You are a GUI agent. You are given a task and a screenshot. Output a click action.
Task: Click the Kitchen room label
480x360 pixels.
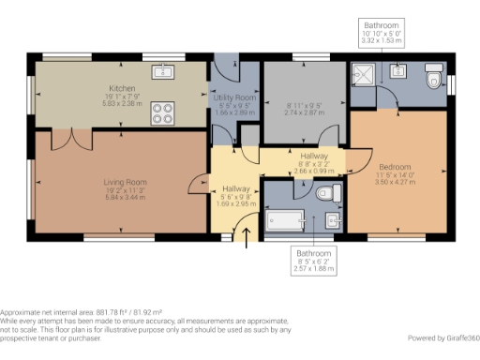pyautogui.click(x=122, y=88)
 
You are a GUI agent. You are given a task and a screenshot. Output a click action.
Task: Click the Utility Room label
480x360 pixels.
pyautogui.click(x=234, y=97)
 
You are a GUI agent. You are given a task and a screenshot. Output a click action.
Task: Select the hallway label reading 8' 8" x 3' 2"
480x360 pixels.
pyautogui.click(x=307, y=165)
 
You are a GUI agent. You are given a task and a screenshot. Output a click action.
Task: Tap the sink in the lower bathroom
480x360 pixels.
pyautogui.click(x=335, y=221)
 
